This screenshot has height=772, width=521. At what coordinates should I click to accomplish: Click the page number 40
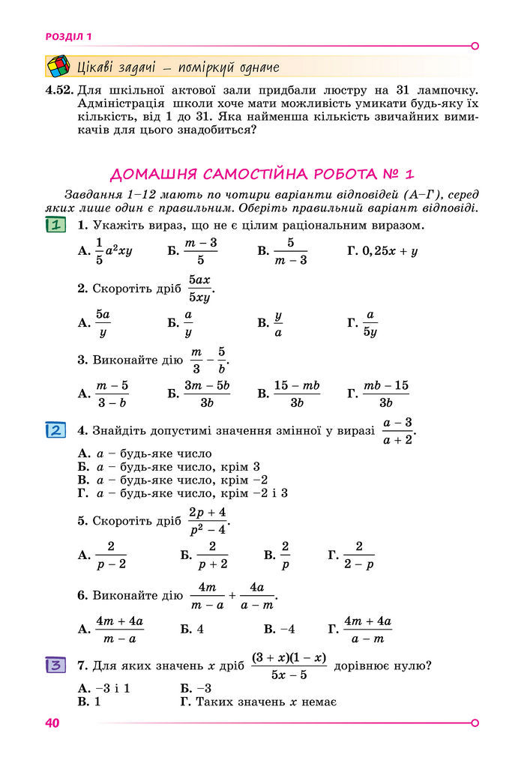[52, 723]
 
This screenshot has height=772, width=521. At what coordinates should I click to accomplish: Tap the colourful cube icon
[58, 67]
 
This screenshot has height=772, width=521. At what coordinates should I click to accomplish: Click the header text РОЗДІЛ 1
[68, 36]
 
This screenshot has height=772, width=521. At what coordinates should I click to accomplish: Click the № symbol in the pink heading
[385, 175]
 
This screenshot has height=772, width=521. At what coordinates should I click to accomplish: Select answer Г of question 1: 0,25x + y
[389, 251]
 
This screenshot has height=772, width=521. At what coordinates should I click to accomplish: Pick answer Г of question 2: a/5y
[370, 324]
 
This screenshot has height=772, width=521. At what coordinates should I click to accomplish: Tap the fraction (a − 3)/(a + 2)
[397, 432]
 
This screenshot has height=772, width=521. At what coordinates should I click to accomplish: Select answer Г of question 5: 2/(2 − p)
[359, 555]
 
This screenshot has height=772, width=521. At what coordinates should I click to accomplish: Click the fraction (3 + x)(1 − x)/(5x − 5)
[289, 666]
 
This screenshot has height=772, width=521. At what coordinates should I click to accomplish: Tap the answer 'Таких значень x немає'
[265, 702]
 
